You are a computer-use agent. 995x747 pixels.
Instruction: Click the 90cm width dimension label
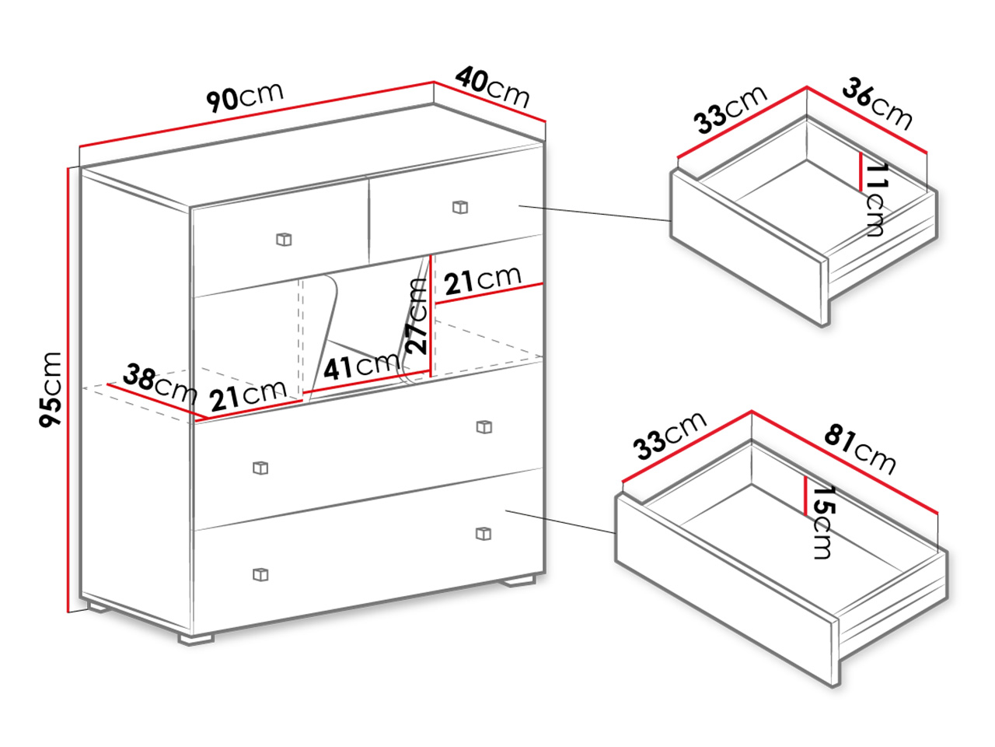tap(245, 96)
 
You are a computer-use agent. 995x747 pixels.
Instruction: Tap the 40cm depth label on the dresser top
tap(493, 87)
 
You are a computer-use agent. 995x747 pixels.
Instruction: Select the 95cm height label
tap(50, 389)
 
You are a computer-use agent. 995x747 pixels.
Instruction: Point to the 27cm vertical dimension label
tap(416, 316)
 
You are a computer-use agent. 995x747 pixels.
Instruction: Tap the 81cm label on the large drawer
tap(860, 450)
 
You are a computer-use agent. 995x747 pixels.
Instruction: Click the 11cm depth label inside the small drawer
tap(875, 200)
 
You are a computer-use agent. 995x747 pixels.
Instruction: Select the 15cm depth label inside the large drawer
tap(823, 522)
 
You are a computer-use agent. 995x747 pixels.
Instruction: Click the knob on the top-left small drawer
tap(284, 239)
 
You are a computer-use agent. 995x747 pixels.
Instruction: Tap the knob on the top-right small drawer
tap(460, 207)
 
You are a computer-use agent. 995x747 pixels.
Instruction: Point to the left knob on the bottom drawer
tap(260, 575)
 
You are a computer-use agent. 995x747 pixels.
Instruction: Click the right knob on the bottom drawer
tap(484, 533)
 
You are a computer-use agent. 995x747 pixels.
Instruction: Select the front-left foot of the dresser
tap(196, 639)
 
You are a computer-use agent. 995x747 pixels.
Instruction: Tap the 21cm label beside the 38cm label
tap(248, 395)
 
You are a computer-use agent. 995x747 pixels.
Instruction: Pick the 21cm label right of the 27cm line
tap(482, 280)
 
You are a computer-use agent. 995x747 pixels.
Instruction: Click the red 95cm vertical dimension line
tap(68, 390)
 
